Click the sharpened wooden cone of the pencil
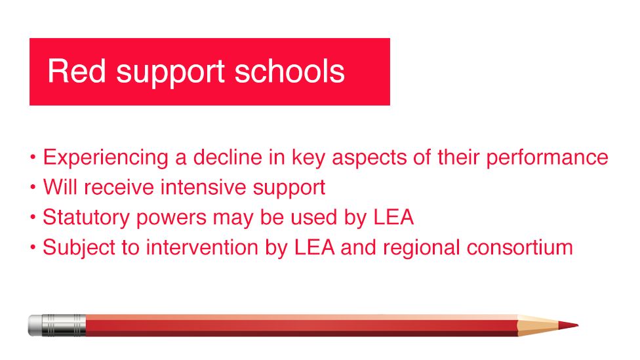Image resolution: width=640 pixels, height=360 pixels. coord(538,325)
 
